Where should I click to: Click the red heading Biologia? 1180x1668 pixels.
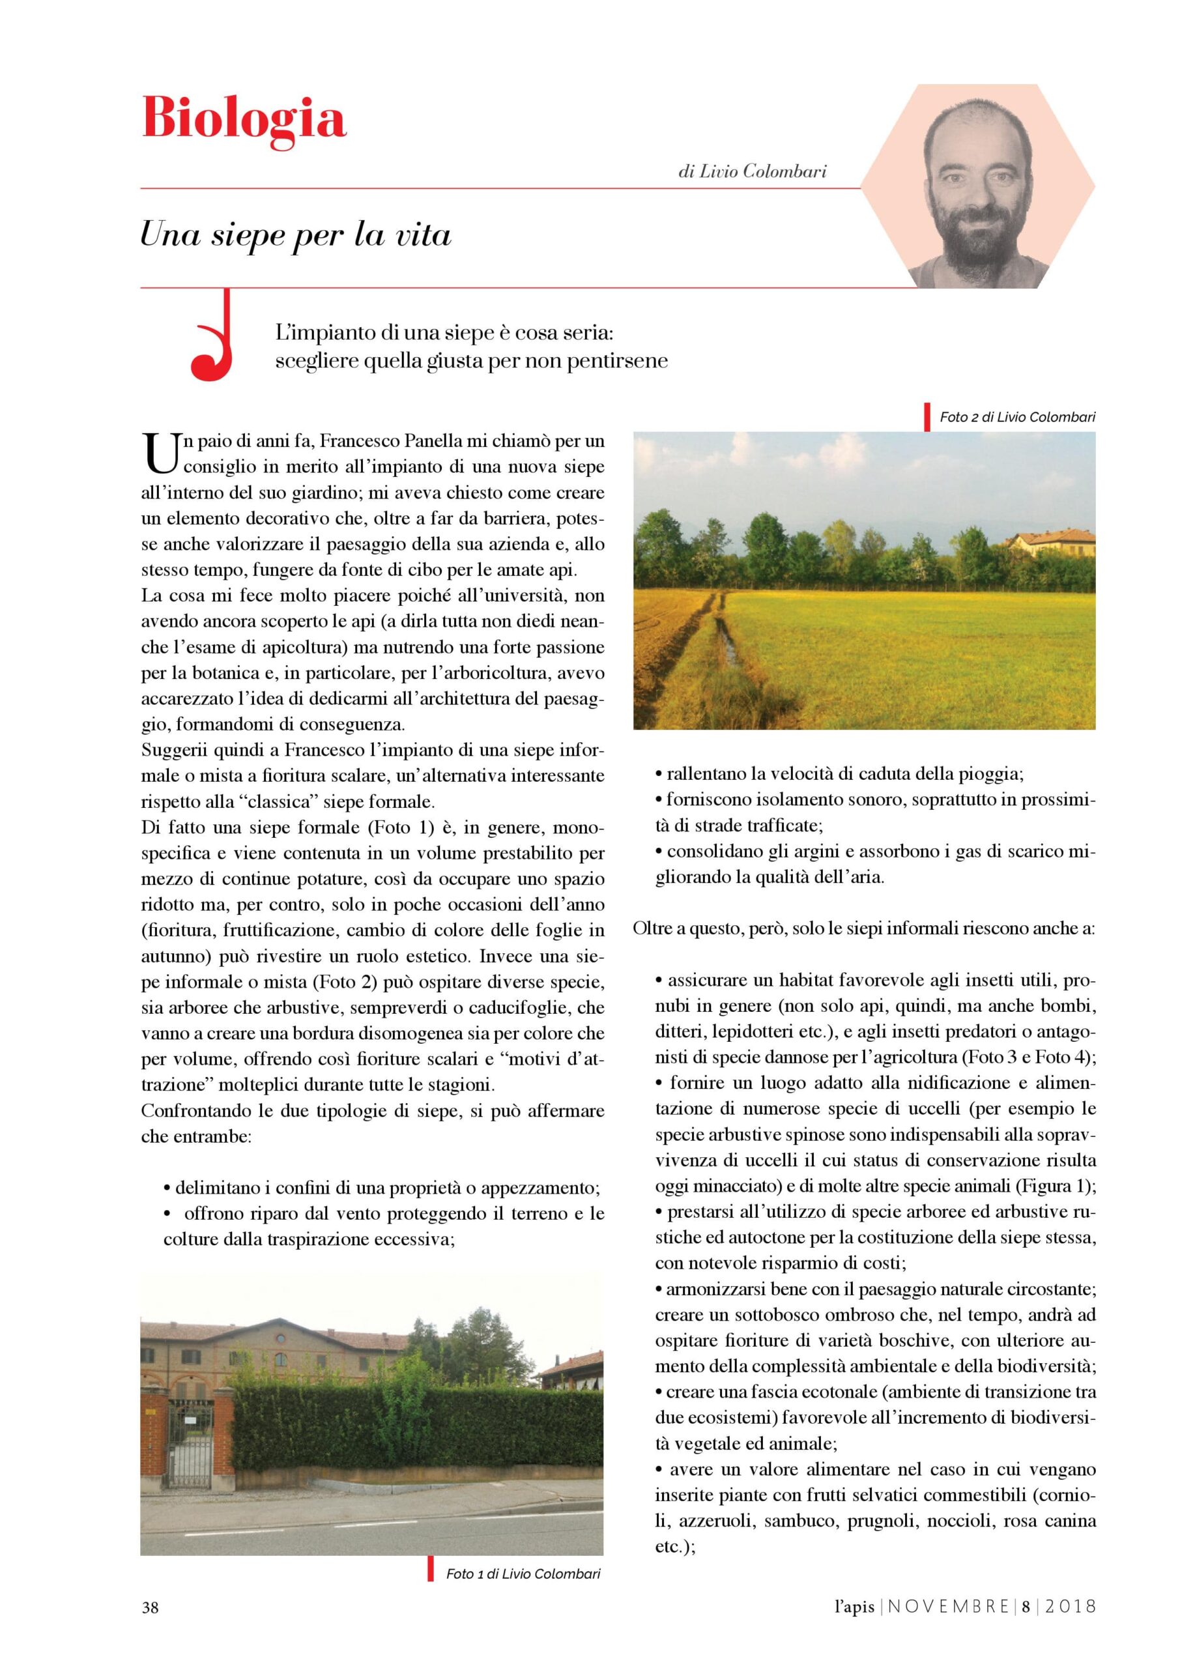(244, 118)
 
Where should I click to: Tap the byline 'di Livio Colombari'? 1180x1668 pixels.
(752, 172)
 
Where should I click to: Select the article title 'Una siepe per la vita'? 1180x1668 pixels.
(296, 235)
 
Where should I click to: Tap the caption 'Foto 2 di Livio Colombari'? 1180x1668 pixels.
(1016, 417)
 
